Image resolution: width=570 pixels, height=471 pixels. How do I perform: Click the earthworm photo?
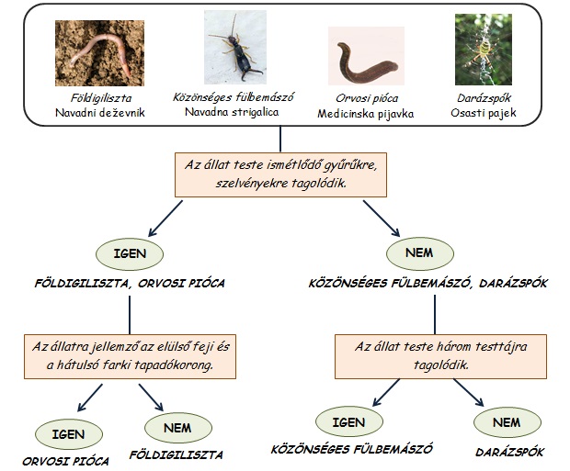point(99,53)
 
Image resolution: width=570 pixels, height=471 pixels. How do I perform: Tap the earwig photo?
point(235,47)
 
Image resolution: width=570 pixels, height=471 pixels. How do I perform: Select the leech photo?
point(366,56)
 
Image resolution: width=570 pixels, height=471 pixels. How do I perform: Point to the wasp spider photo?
point(484,50)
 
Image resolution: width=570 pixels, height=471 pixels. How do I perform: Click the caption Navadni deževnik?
point(100,113)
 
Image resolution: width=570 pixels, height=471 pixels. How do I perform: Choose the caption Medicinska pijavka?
point(366,114)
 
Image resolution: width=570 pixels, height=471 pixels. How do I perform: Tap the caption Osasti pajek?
point(484,113)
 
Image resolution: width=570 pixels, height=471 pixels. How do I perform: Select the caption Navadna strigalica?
point(232,112)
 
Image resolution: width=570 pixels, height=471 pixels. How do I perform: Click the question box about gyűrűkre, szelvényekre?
point(280,174)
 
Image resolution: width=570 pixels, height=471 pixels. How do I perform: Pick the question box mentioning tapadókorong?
point(131,356)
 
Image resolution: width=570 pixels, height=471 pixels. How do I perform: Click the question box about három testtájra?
point(440,356)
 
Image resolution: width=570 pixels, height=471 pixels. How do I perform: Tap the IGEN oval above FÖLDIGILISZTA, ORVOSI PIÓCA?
point(130,253)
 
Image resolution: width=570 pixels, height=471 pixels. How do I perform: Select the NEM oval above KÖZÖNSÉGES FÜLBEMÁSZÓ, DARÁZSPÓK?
point(420,253)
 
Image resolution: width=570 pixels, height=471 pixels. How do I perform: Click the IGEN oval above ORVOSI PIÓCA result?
point(69,434)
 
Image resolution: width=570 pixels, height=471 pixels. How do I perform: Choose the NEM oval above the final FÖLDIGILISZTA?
point(178,428)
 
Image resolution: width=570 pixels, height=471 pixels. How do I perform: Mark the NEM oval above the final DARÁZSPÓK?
point(507,422)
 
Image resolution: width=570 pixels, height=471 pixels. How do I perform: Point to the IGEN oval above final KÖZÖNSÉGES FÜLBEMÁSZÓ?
point(349,422)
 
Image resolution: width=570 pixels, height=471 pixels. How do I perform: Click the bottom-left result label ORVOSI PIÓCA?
point(66,461)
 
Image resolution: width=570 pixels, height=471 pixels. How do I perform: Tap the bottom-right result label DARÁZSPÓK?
point(509,452)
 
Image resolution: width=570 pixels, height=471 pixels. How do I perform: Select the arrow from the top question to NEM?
point(382,219)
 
